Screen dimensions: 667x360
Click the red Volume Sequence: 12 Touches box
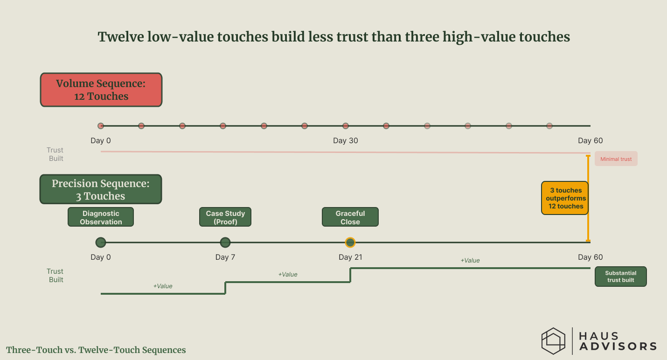(101, 90)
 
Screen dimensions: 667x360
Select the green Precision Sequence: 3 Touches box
(101, 189)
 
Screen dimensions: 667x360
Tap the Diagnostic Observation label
(101, 217)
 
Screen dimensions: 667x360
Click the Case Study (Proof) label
(225, 217)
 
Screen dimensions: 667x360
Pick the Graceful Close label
(350, 217)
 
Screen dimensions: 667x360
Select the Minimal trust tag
(616, 159)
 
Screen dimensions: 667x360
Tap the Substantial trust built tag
(621, 277)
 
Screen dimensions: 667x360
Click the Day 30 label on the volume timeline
(346, 141)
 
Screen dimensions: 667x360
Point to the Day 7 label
(225, 257)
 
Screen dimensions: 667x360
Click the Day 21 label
(350, 257)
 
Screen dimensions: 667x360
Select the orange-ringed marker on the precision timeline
(350, 242)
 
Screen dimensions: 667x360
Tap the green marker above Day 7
(225, 242)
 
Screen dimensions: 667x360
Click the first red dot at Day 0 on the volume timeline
(101, 126)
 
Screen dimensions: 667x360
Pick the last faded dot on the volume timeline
(549, 126)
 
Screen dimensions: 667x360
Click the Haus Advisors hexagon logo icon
(553, 341)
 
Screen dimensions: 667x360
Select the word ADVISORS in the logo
(618, 346)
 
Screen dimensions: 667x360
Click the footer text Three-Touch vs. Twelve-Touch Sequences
(96, 350)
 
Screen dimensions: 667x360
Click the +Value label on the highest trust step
(470, 261)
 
